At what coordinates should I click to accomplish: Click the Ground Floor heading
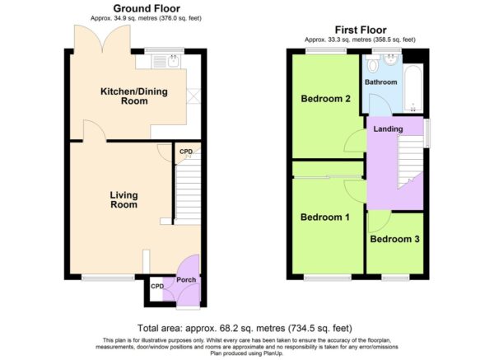click(x=147, y=8)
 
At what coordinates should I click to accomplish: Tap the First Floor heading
click(x=361, y=30)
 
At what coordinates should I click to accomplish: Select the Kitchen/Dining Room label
click(x=134, y=96)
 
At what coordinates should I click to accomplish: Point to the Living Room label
click(x=123, y=200)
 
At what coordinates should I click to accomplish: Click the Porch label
click(x=186, y=279)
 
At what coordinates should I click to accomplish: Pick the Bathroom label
click(x=381, y=82)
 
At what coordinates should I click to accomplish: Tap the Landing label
click(x=388, y=129)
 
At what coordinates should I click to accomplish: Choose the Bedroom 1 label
click(x=325, y=217)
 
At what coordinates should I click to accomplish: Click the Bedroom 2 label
click(x=326, y=99)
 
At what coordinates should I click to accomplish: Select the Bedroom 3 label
click(x=394, y=239)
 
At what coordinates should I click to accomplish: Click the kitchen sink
click(x=165, y=61)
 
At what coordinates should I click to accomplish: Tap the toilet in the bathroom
click(x=373, y=63)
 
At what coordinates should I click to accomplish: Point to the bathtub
click(x=412, y=88)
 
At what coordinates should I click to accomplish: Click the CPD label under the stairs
click(x=186, y=152)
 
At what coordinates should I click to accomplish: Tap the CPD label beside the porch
click(x=157, y=286)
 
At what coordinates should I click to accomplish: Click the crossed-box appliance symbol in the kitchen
click(x=193, y=96)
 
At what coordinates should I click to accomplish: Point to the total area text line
click(x=245, y=328)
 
